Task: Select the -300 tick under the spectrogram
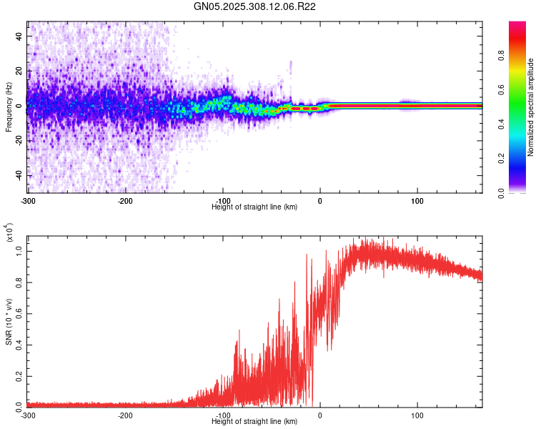[28, 199]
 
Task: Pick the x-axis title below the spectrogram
[254, 207]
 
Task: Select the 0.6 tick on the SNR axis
[19, 312]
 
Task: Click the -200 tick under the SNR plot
[125, 415]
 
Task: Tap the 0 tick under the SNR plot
[319, 415]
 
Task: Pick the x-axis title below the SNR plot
[254, 422]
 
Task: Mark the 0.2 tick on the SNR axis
[19, 375]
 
